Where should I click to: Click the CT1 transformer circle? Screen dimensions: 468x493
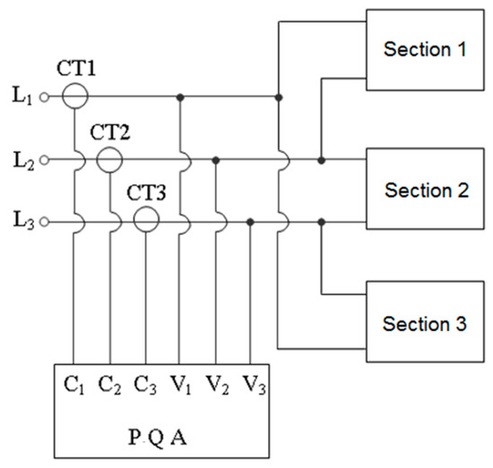pyautogui.click(x=74, y=95)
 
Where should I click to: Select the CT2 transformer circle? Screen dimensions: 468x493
pyautogui.click(x=109, y=159)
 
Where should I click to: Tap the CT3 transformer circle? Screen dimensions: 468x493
pyautogui.click(x=145, y=219)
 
